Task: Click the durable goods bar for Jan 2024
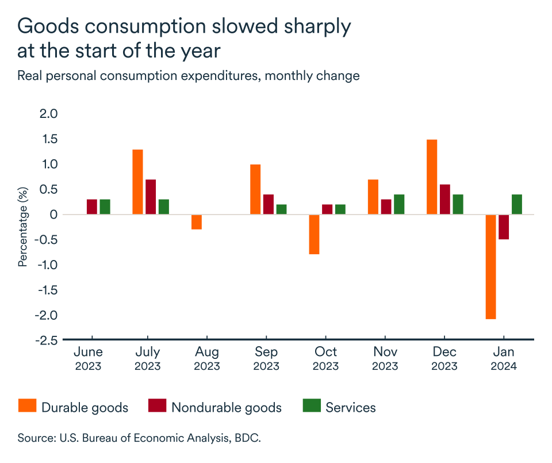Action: pos(490,266)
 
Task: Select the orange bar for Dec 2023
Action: pos(432,177)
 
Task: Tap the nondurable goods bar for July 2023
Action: pos(151,197)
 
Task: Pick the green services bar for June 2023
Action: pos(105,206)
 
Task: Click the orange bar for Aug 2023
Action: pos(197,222)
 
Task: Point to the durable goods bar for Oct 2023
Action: pos(314,234)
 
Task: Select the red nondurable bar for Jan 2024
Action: pos(504,227)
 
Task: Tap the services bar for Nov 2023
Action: pos(399,204)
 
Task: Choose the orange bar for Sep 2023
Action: pos(255,189)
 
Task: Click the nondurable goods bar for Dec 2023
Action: pos(445,199)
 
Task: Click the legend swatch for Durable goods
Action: pos(26,407)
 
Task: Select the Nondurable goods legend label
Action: pos(227,408)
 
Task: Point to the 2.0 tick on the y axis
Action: pos(49,114)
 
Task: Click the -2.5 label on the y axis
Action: pos(47,340)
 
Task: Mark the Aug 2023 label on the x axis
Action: pos(206,358)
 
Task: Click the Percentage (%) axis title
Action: pos(23,228)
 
